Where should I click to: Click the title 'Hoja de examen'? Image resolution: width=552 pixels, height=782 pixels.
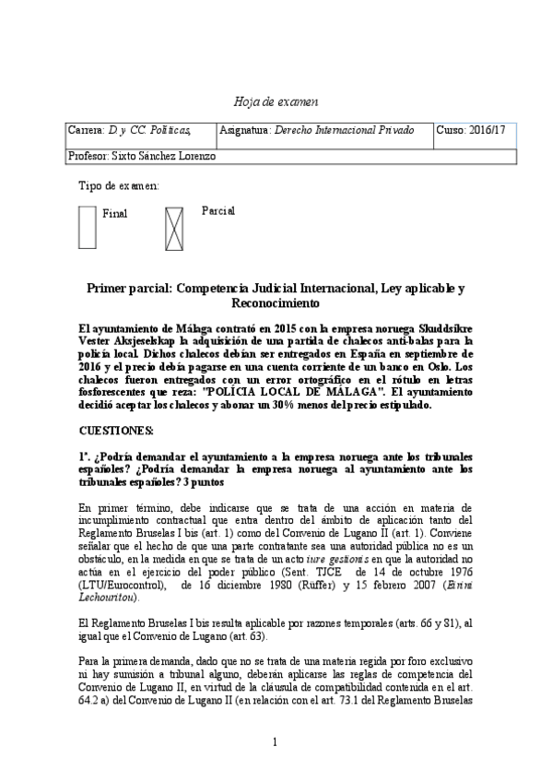[x=276, y=101]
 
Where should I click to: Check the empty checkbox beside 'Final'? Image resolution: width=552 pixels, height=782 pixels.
[x=87, y=227]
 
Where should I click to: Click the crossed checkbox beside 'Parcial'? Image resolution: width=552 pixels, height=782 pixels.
[x=175, y=227]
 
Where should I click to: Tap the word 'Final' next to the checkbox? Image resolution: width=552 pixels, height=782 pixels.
[x=115, y=214]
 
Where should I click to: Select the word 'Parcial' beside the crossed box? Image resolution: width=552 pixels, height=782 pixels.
[x=218, y=210]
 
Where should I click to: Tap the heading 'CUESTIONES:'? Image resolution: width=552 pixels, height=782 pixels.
[x=116, y=431]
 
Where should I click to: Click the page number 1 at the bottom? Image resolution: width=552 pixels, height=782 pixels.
[x=276, y=742]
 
